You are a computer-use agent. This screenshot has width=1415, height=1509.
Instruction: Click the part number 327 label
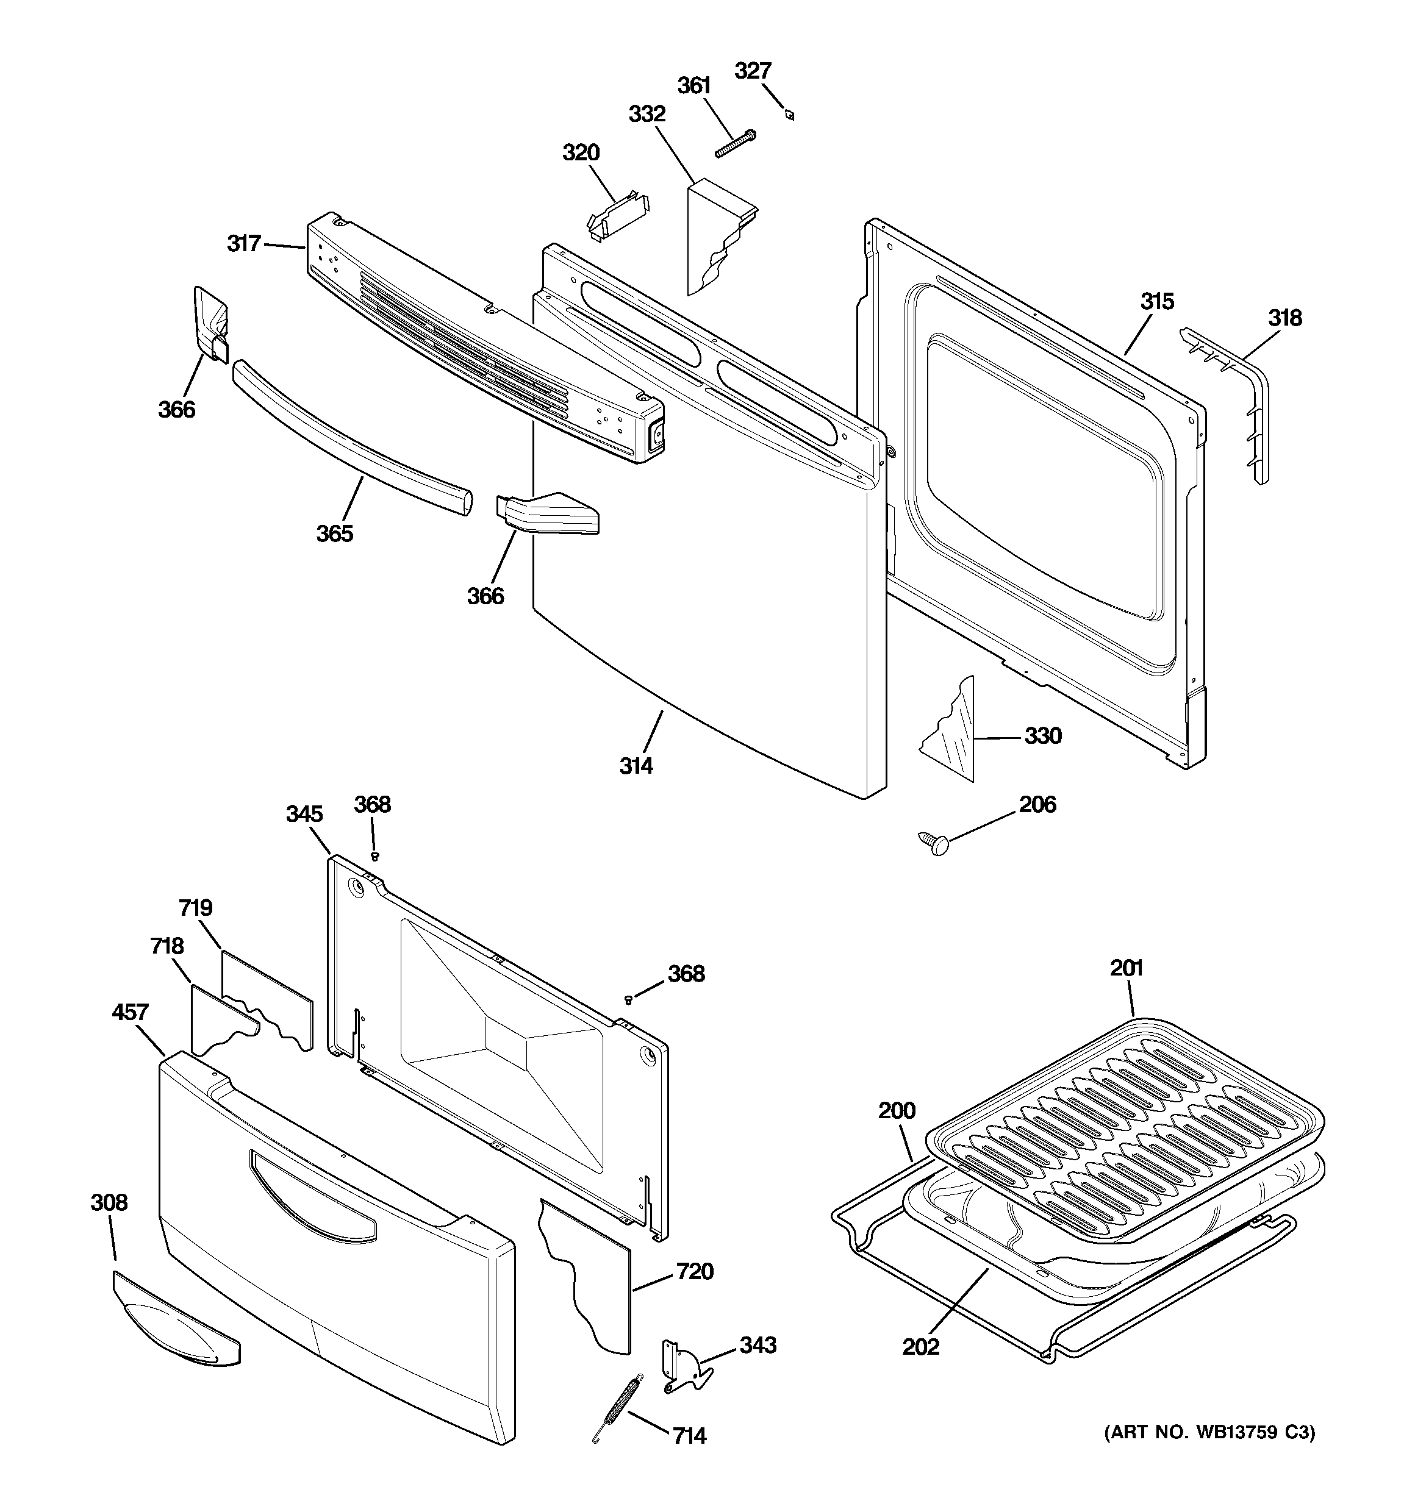pyautogui.click(x=752, y=71)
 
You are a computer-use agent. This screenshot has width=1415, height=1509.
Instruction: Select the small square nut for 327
pyautogui.click(x=790, y=115)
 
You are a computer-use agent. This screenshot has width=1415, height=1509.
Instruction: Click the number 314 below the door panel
pyautogui.click(x=636, y=766)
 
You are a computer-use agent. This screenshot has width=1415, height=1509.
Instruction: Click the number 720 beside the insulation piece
pyautogui.click(x=694, y=1271)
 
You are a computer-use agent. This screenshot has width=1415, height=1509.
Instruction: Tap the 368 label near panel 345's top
pyautogui.click(x=372, y=805)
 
